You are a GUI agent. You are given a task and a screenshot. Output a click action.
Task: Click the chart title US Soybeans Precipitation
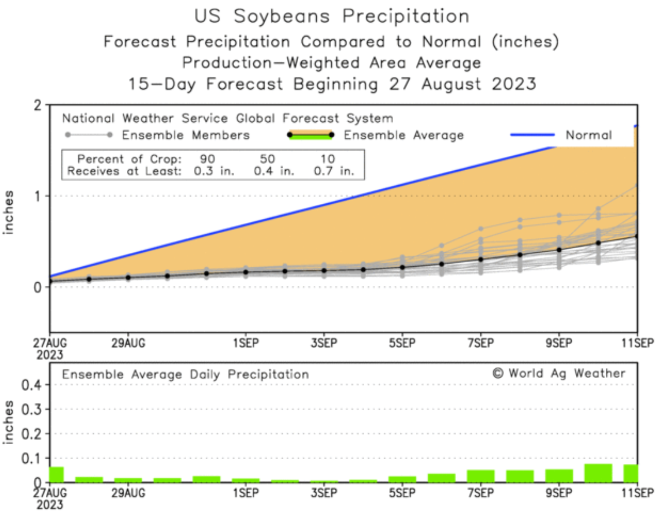[332, 16]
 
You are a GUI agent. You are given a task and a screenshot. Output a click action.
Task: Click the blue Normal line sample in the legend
[532, 135]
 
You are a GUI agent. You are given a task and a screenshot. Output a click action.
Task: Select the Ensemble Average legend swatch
[311, 135]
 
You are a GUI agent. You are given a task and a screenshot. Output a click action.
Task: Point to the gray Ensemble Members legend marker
[89, 135]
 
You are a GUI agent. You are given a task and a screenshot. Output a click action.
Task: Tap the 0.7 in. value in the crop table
[334, 171]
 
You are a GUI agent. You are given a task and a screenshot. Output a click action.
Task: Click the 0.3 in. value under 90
[214, 171]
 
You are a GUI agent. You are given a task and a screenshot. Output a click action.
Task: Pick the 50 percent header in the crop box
[267, 159]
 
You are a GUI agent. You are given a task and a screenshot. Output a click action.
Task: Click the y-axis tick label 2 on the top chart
[38, 106]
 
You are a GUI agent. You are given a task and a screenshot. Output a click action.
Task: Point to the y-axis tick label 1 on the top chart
[38, 196]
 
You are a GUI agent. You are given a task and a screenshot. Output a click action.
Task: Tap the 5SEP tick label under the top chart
[402, 343]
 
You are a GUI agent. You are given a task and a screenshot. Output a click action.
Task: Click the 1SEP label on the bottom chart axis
[246, 493]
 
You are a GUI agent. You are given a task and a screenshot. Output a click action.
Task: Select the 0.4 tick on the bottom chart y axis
[31, 385]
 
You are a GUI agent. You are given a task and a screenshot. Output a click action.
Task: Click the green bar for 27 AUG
[57, 475]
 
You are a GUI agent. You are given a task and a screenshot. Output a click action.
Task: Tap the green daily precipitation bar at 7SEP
[481, 476]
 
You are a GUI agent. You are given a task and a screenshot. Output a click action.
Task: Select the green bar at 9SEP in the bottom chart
[559, 476]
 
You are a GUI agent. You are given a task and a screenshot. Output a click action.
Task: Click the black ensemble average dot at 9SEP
[559, 250]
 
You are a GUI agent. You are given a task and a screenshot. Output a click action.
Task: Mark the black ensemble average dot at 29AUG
[128, 278]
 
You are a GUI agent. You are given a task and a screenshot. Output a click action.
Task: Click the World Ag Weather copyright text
[559, 373]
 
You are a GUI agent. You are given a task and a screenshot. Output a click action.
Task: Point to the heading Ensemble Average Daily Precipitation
[185, 375]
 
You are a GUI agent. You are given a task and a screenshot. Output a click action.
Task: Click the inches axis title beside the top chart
[8, 212]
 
